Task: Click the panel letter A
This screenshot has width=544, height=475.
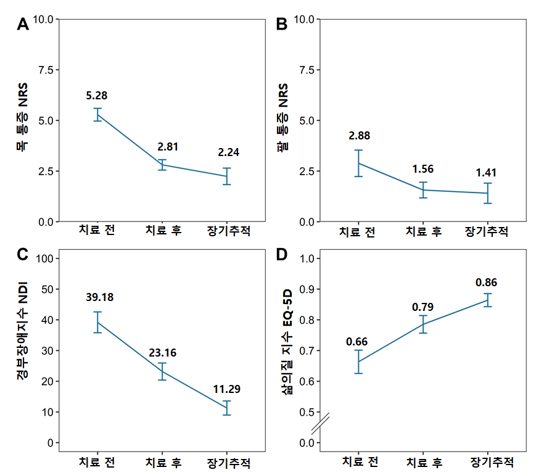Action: tap(23, 25)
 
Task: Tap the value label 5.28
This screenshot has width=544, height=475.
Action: tap(97, 96)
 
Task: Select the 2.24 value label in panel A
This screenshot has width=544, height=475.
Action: tap(228, 152)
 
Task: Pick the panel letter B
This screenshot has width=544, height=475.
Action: tap(282, 25)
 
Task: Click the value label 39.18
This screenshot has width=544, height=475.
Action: tap(99, 297)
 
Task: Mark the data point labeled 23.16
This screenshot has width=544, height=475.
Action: tap(163, 371)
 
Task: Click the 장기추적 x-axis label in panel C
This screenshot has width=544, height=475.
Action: tap(228, 462)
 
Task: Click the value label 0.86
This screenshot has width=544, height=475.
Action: tap(486, 283)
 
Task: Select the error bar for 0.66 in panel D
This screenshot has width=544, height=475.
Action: tap(358, 362)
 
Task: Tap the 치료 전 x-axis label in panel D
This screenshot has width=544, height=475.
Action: tap(360, 462)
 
